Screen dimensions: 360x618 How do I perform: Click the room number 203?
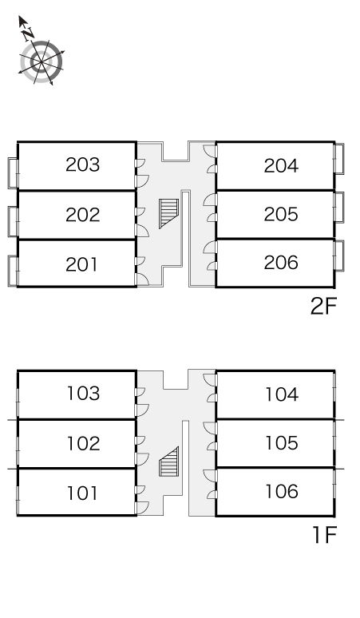point(83,164)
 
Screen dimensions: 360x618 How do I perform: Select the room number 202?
point(83,215)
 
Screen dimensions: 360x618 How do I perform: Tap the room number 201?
point(81,264)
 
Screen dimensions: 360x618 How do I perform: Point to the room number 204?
point(281,166)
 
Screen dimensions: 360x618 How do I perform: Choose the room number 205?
point(281,214)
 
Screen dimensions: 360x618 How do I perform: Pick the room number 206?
point(281,263)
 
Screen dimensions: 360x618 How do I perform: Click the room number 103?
point(84,394)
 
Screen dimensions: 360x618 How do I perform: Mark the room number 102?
point(84,443)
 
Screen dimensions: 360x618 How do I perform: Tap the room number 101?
point(82,493)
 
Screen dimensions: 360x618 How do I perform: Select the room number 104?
point(282,394)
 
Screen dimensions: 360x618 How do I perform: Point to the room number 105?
point(282,443)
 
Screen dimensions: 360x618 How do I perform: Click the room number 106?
point(282,492)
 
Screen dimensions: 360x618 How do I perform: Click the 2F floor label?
point(324,307)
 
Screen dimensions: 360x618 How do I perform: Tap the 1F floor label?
point(325,535)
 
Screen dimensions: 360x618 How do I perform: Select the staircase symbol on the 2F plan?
point(169,214)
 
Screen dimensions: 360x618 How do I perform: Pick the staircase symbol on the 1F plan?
point(169,462)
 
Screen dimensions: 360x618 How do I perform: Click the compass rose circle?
point(41,61)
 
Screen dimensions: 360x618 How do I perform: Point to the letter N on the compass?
point(28,34)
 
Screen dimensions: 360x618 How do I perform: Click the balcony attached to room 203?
point(13,173)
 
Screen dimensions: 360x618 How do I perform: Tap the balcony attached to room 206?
point(339,256)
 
